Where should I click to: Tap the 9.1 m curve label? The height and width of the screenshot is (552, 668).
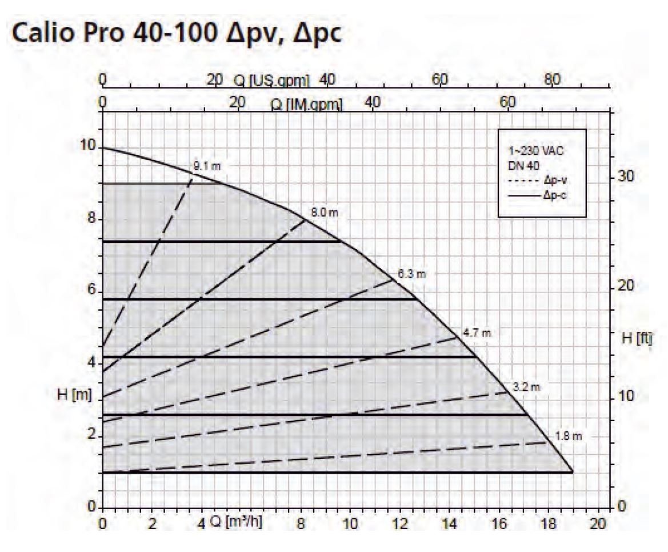pyautogui.click(x=206, y=166)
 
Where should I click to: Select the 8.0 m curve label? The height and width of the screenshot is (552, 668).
pyautogui.click(x=325, y=212)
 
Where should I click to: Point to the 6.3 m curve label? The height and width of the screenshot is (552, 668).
pyautogui.click(x=412, y=273)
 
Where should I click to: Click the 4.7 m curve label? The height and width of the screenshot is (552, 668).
pyautogui.click(x=477, y=333)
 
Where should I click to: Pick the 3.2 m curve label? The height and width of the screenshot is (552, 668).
pyautogui.click(x=526, y=386)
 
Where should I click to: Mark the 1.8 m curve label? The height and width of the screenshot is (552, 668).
pyautogui.click(x=568, y=437)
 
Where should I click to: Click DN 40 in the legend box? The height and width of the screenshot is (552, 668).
pyautogui.click(x=521, y=166)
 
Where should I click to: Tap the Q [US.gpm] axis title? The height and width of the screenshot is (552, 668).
pyautogui.click(x=271, y=81)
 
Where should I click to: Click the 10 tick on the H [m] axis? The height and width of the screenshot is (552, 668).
pyautogui.click(x=89, y=146)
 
